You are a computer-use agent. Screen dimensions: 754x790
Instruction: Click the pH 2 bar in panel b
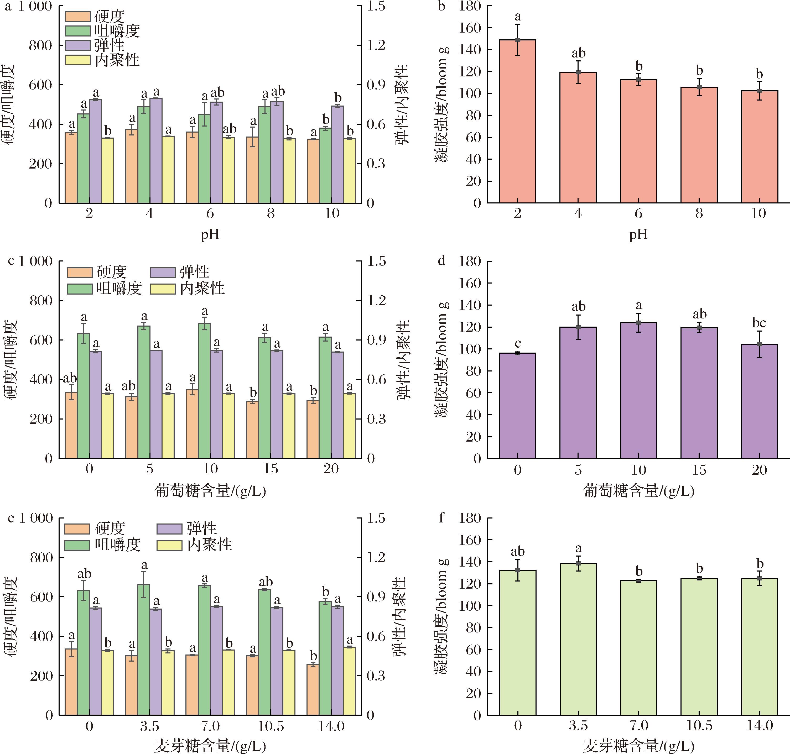click(x=517, y=121)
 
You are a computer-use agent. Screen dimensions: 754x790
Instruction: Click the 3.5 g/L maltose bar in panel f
click(x=578, y=639)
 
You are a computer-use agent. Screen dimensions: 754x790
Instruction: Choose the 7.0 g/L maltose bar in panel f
click(x=638, y=647)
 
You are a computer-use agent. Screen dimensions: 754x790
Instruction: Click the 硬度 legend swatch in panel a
click(x=77, y=17)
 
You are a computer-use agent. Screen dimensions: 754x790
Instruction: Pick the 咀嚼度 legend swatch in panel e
click(x=77, y=545)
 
